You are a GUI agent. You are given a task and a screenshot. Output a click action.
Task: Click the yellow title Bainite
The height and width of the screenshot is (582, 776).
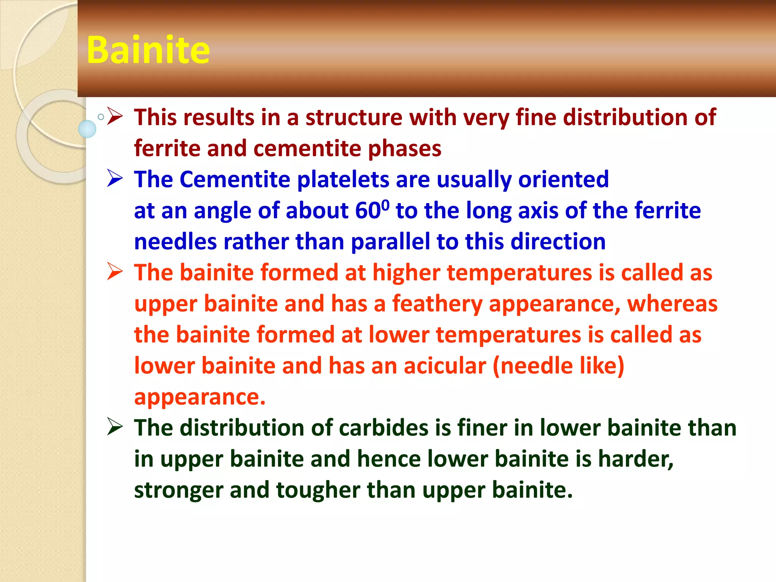(148, 50)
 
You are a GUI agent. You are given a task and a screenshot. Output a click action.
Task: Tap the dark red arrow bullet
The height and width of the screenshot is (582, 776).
(115, 116)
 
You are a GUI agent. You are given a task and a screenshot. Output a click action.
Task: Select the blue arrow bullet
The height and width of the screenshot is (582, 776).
(115, 178)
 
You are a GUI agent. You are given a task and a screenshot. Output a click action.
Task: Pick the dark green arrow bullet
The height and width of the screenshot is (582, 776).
(115, 427)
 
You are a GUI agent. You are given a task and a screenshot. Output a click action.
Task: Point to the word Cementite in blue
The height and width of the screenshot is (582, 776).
(235, 179)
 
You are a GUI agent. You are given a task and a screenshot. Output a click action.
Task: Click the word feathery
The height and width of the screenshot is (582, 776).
(437, 304)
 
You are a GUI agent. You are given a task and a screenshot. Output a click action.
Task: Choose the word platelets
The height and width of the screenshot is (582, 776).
(343, 179)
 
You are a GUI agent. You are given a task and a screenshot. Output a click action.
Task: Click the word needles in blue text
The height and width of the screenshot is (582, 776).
(175, 242)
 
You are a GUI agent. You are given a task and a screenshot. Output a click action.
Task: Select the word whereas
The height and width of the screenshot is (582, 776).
(672, 304)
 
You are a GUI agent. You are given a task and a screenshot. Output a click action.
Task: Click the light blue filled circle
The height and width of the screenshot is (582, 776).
(87, 129)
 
